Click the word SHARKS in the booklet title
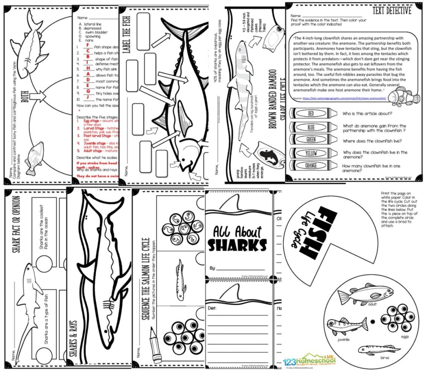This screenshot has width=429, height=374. (237, 245)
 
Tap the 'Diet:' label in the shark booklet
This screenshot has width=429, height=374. (213, 308)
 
